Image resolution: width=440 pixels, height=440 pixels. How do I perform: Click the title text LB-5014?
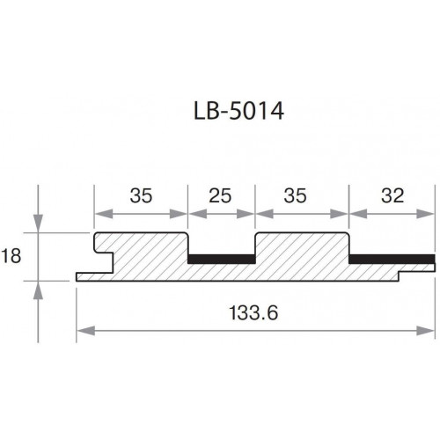[x=238, y=111]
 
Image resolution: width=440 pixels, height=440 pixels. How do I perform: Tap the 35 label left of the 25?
[x=141, y=195]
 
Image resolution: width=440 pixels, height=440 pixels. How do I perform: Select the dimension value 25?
[x=220, y=195]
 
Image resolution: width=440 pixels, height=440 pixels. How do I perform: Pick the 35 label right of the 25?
[x=295, y=195]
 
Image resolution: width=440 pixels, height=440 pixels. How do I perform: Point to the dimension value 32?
[x=392, y=195]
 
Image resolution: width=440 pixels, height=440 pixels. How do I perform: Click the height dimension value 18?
[x=11, y=256]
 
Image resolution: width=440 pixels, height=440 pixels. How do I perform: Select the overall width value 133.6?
[x=253, y=312]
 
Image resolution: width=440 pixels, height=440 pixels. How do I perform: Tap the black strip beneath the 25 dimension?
[x=222, y=259]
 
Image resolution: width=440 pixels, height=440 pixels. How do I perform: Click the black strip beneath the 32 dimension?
[x=392, y=259]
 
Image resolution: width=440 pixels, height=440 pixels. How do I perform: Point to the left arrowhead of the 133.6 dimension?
[x=85, y=331]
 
